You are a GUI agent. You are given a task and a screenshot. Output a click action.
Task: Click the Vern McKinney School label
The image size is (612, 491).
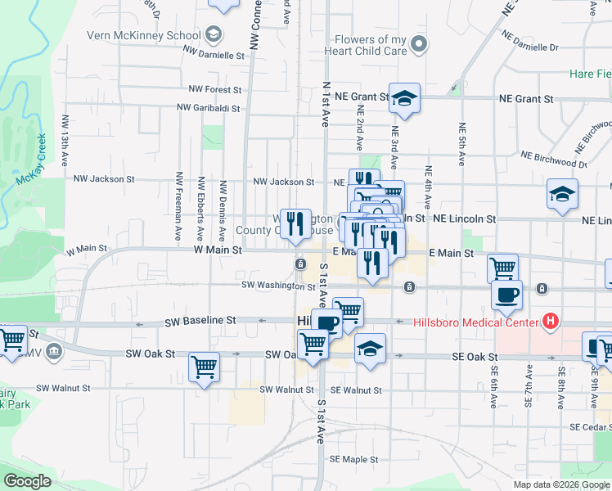(144, 35)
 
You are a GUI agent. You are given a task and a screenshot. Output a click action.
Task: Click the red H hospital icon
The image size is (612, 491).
(551, 322)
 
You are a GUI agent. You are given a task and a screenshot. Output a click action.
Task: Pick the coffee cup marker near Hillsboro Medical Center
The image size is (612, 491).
(506, 296)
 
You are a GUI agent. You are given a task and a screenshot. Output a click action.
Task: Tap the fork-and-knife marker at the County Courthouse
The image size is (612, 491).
(295, 223)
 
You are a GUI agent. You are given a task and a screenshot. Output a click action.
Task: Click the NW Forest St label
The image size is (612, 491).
(214, 89)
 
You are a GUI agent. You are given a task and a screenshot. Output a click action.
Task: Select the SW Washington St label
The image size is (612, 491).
(278, 286)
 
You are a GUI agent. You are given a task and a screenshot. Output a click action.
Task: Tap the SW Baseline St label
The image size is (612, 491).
(200, 321)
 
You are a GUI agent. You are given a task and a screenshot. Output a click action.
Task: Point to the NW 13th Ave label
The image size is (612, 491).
(65, 133)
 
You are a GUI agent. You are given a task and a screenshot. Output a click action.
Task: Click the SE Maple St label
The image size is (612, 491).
(354, 459)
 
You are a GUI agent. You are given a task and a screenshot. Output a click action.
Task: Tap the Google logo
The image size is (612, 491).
(27, 481)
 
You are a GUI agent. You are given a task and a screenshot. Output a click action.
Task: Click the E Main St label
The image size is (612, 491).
(451, 254)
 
